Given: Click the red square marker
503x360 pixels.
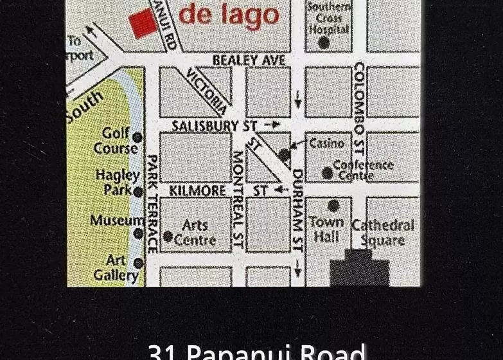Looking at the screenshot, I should [x=143, y=24].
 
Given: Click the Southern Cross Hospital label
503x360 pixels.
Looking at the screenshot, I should [x=329, y=18].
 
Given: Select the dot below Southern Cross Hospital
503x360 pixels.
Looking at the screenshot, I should [x=324, y=42].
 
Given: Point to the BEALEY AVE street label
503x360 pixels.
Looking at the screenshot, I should [x=249, y=60].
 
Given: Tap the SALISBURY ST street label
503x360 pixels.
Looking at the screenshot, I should [x=205, y=125].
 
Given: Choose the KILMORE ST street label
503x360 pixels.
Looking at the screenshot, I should [x=218, y=191].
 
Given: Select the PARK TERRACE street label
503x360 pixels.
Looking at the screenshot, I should [x=153, y=204].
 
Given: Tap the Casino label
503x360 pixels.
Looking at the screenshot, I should [x=326, y=143].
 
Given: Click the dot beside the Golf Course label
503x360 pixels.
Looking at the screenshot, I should [x=137, y=137].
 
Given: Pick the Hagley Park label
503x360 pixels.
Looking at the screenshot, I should [x=118, y=182].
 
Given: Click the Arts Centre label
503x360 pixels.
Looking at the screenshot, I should [x=195, y=233].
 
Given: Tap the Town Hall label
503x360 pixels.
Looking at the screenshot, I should [x=326, y=229].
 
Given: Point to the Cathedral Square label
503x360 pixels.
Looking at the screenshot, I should [x=382, y=233].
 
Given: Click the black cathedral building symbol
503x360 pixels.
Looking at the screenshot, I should [x=360, y=269].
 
